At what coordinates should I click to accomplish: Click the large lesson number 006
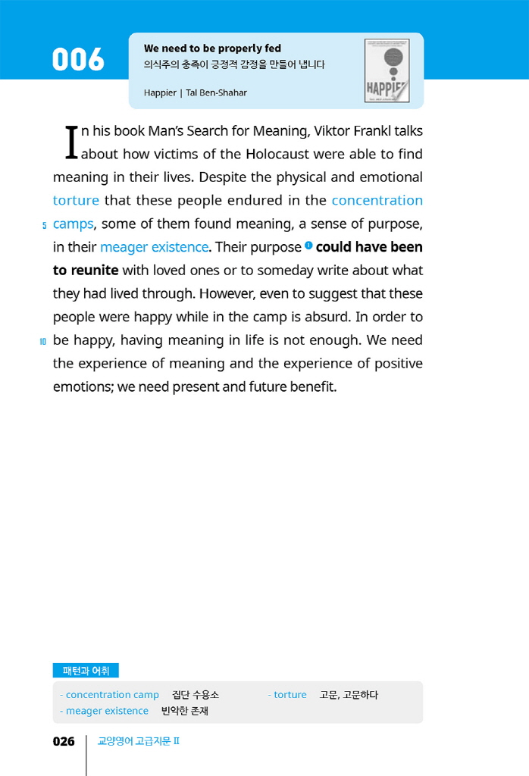tap(78, 60)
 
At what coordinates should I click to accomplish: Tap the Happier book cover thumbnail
tap(387, 70)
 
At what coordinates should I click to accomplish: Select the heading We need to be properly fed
tap(212, 48)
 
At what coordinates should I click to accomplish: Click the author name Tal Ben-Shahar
tap(216, 92)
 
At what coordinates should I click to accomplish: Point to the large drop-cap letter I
tap(71, 142)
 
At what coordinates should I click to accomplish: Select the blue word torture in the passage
tap(76, 201)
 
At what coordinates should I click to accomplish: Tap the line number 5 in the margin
tap(44, 225)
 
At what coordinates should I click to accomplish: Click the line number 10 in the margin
tap(43, 342)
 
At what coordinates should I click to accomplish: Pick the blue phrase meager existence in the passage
tap(154, 247)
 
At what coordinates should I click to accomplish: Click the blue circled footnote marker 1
tap(308, 245)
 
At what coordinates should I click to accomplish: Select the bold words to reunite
tap(86, 271)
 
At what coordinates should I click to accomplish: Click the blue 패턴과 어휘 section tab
tap(86, 670)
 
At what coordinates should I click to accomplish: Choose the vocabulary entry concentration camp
tap(112, 695)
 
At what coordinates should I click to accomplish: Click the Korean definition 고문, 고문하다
tap(349, 695)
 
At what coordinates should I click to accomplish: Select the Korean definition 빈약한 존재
tap(184, 711)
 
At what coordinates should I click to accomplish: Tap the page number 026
tap(64, 741)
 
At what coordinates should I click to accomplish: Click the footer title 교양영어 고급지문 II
tap(138, 741)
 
